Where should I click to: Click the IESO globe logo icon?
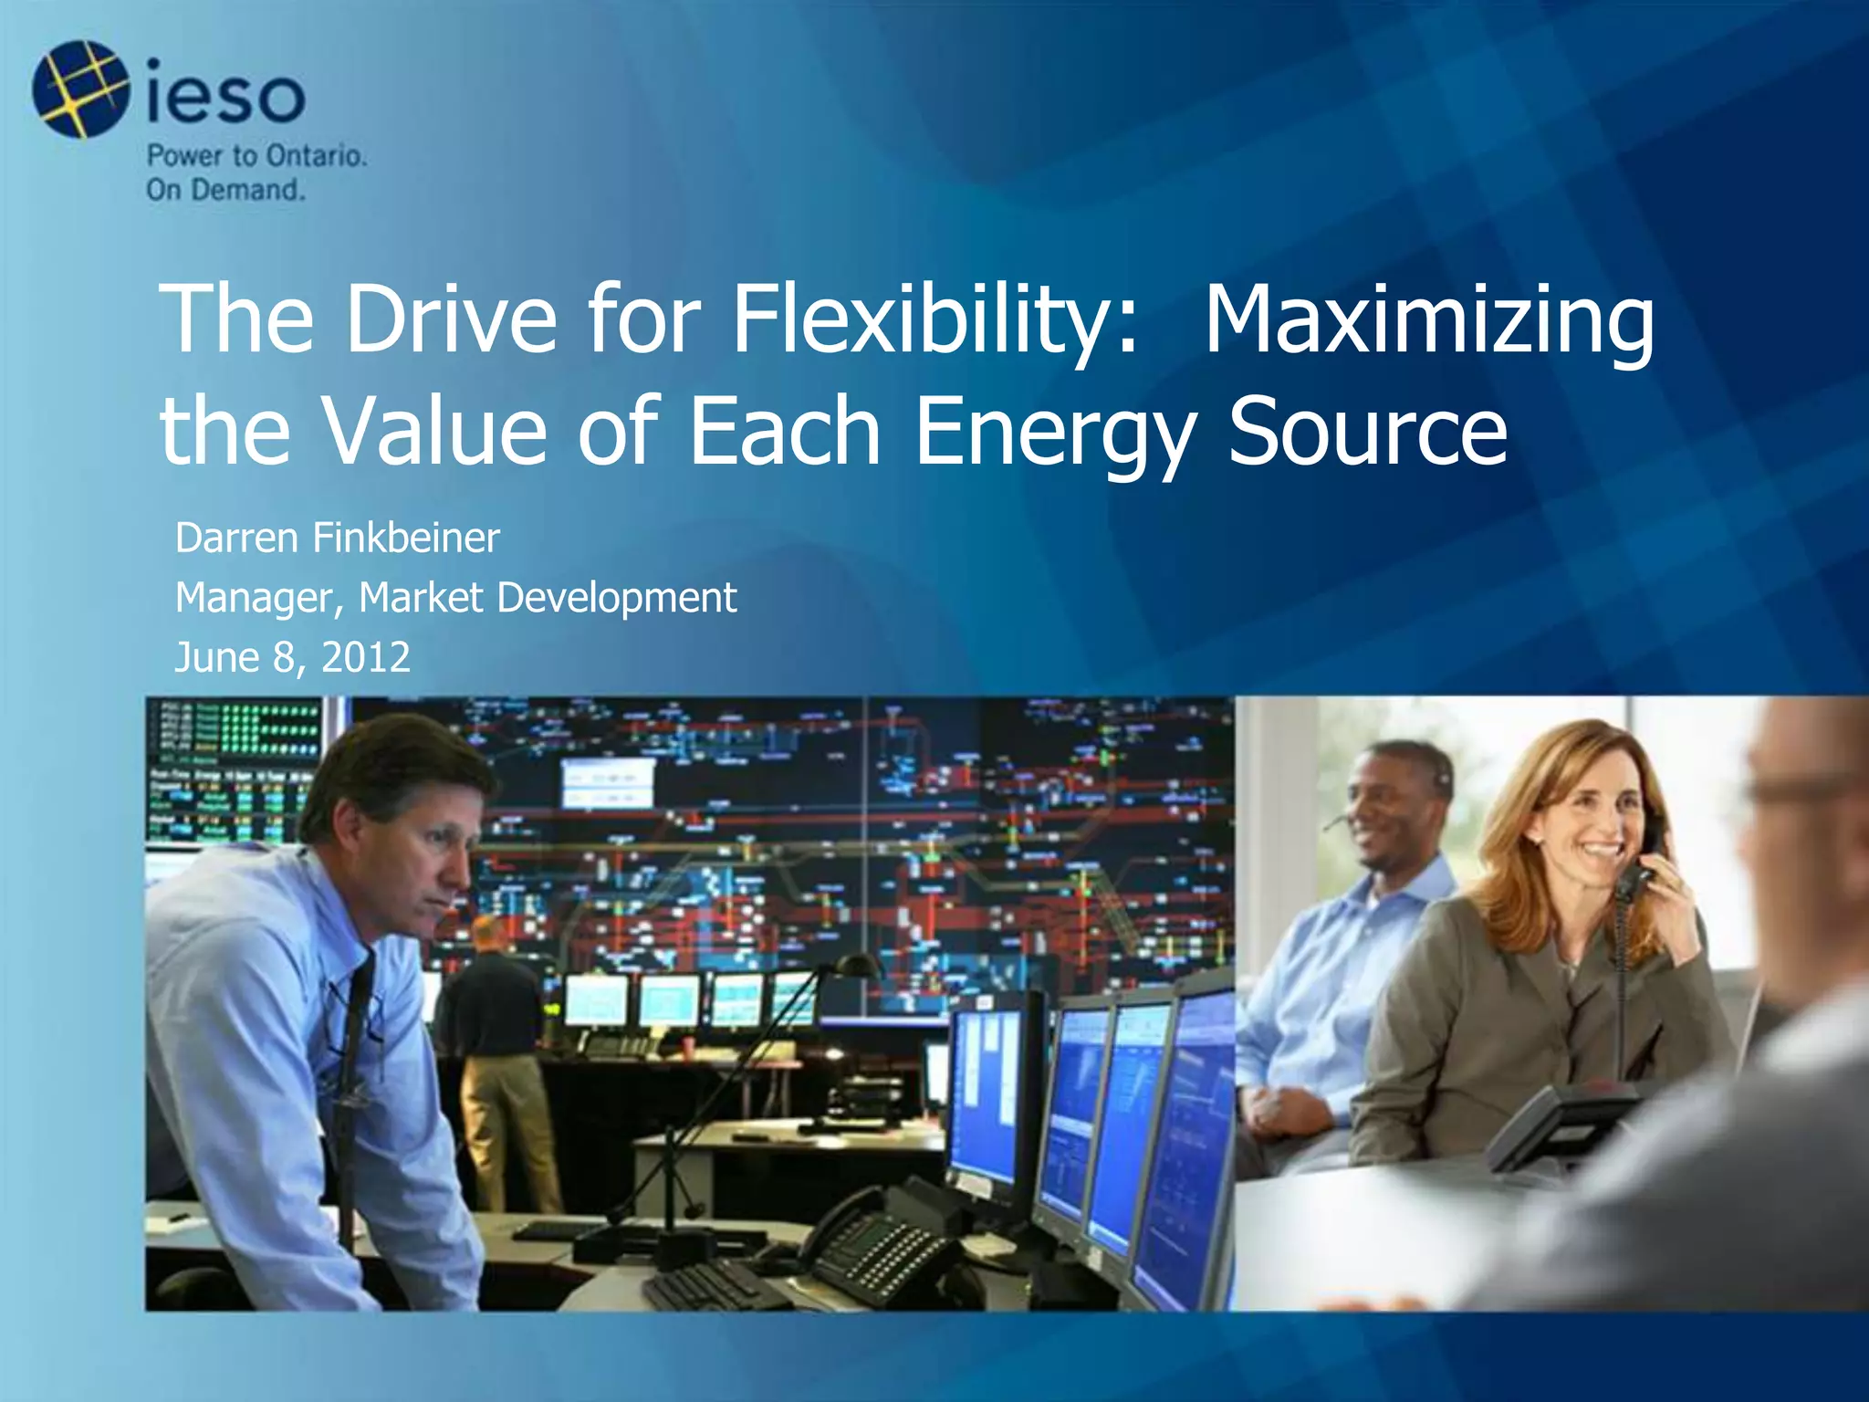[x=80, y=89]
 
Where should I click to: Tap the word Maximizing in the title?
[x=1428, y=319]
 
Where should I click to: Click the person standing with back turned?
[x=497, y=1041]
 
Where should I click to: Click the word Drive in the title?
[x=451, y=319]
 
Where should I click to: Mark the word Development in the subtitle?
[x=616, y=599]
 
